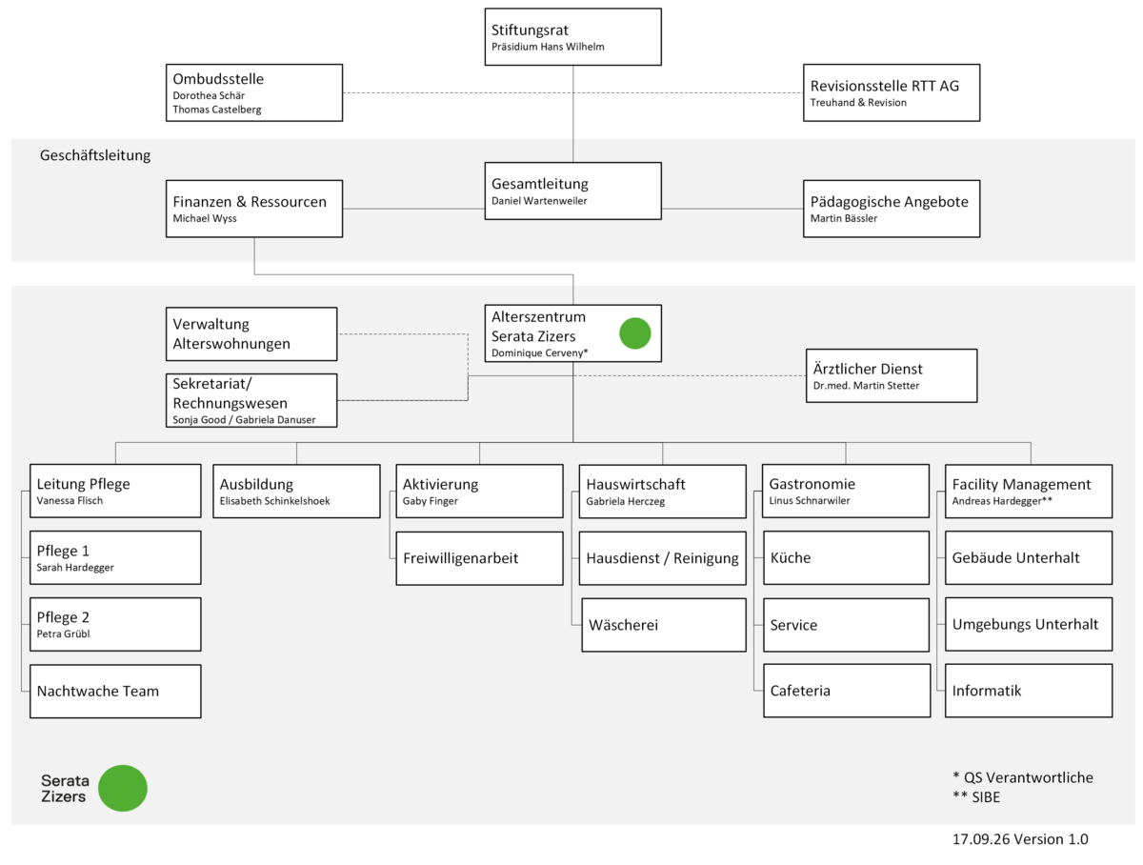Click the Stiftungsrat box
[x=572, y=36]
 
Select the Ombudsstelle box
[x=254, y=92]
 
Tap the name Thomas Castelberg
[x=216, y=110]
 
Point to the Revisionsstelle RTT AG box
[x=892, y=92]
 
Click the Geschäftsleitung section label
[x=95, y=155]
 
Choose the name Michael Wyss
[x=205, y=218]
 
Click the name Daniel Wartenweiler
[x=539, y=200]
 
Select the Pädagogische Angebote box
[x=892, y=209]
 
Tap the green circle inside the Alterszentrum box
[x=634, y=333]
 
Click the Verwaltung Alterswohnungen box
[x=251, y=333]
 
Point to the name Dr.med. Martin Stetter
[x=866, y=386]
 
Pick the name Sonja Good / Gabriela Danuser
[x=244, y=420]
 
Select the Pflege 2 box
[x=115, y=624]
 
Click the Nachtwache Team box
[x=115, y=691]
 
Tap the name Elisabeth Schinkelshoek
[x=274, y=501]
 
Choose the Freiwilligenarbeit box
[x=479, y=558]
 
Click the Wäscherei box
[x=664, y=625]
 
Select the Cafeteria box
[x=847, y=691]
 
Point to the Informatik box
[x=1029, y=691]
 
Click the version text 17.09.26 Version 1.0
[x=1020, y=839]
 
